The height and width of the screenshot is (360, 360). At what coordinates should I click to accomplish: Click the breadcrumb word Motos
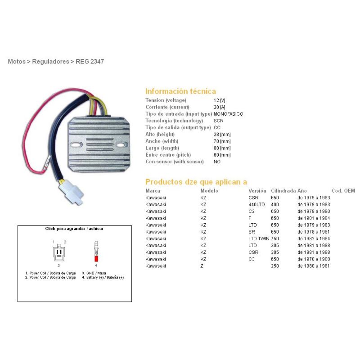(x=16, y=61)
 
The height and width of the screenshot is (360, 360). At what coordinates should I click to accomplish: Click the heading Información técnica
(x=180, y=91)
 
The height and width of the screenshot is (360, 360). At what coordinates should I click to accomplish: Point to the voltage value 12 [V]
(x=219, y=100)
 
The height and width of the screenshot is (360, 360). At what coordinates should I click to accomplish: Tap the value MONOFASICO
(x=228, y=114)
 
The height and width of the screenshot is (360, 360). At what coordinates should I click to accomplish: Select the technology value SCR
(x=218, y=121)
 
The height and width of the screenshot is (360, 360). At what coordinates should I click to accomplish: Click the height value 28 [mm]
(x=222, y=134)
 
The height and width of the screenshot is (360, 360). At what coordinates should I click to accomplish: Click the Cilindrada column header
(x=283, y=191)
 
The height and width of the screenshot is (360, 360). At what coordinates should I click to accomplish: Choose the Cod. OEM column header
(x=343, y=191)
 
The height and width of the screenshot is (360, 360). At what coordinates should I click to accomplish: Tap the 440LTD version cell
(x=257, y=204)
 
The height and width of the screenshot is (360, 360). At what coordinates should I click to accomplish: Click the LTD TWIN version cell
(x=259, y=238)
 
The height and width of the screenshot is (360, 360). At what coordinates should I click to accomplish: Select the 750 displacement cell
(x=275, y=238)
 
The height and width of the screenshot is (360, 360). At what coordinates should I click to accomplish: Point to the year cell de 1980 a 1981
(x=313, y=266)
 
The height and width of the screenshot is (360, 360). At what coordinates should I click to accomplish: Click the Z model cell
(x=202, y=266)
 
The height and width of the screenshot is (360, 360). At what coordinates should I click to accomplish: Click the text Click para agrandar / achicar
(x=74, y=229)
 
